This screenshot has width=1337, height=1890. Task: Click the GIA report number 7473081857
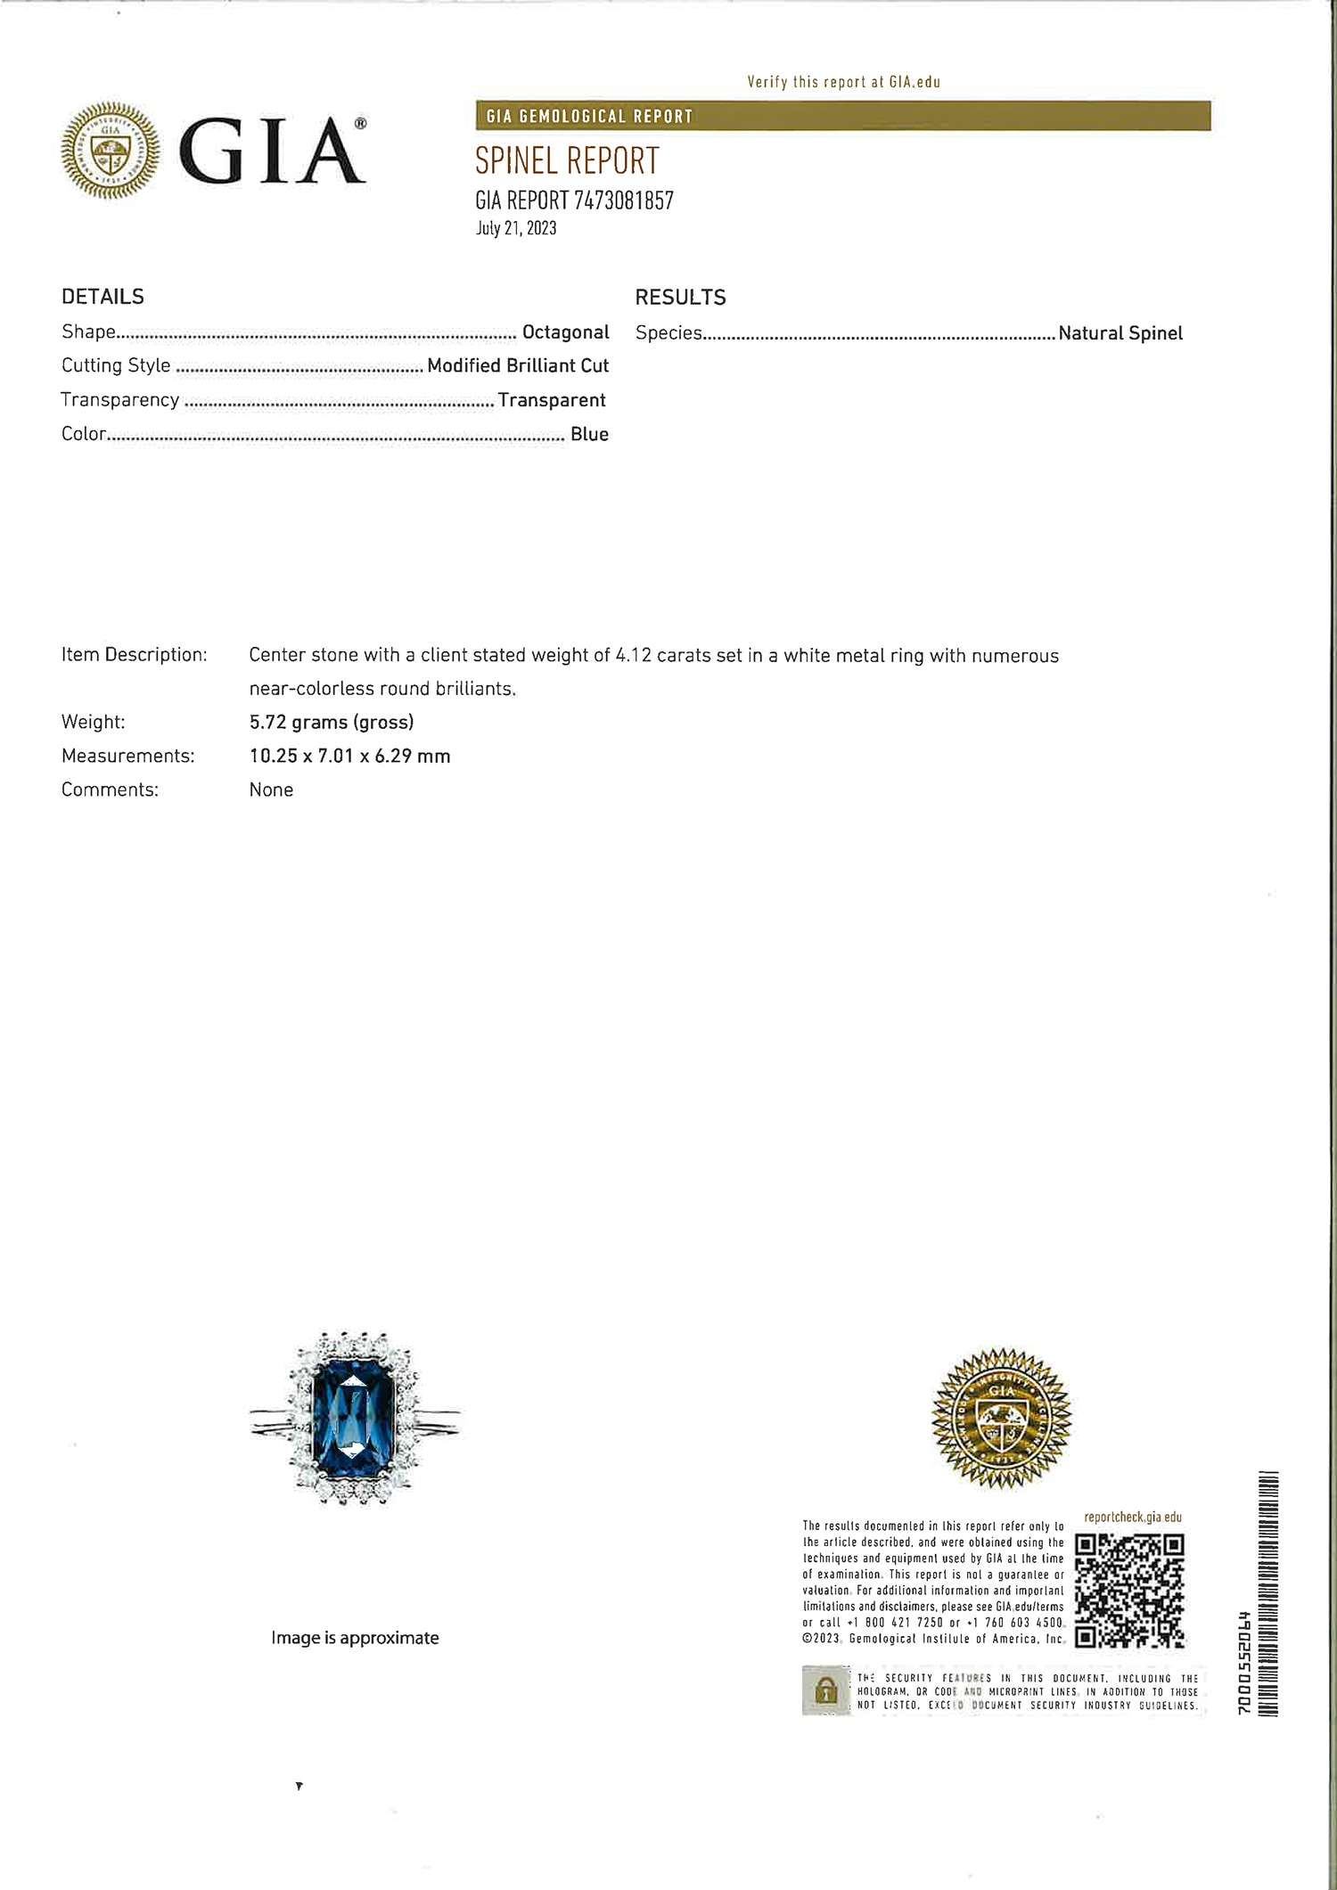click(623, 200)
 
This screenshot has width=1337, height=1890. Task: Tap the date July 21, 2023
click(516, 228)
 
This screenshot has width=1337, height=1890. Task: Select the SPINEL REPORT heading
click(567, 161)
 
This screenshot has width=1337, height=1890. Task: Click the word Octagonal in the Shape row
click(565, 332)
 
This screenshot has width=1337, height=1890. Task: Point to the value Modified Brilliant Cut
click(518, 365)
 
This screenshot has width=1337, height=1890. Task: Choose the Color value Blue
click(589, 434)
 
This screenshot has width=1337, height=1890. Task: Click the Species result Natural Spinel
click(1120, 333)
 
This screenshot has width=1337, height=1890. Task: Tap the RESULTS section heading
click(680, 298)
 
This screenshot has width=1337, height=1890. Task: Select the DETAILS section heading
click(103, 297)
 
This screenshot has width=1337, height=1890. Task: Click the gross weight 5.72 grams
click(332, 722)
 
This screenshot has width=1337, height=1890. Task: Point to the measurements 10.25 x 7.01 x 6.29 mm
click(349, 756)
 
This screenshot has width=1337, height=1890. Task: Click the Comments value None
click(271, 790)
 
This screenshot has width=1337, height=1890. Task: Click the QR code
click(1129, 1590)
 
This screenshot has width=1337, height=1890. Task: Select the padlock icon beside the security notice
click(826, 1690)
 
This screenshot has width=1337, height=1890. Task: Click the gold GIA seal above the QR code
click(1001, 1418)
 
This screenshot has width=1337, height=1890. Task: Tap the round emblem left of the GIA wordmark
click(111, 150)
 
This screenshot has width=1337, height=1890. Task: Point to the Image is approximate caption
click(355, 1638)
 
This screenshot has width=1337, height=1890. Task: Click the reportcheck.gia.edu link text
click(1132, 1518)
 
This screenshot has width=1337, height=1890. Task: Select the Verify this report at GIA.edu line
click(843, 82)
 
